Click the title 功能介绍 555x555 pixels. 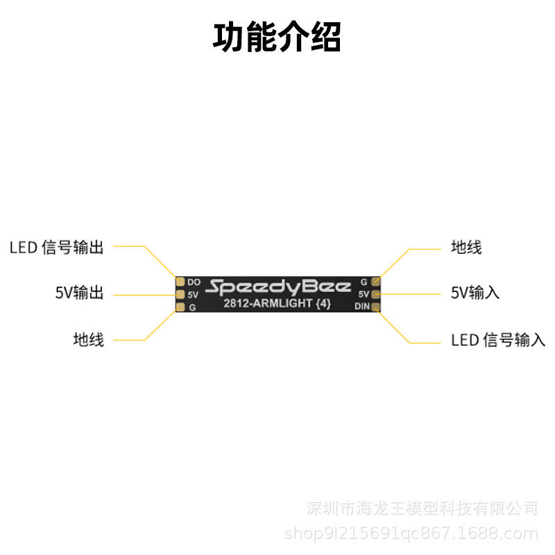277,37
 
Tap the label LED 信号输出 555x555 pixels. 57,247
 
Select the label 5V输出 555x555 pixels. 80,293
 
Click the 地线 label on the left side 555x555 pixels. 89,339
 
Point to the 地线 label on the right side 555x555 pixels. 466,247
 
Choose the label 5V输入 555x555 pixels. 475,293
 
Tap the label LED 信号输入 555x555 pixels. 498,340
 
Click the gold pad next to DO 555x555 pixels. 180,282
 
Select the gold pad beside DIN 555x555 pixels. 375,307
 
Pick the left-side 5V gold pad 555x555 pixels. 180,294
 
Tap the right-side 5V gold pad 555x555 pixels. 375,293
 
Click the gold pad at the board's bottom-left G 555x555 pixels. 180,307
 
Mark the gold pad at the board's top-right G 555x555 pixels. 375,282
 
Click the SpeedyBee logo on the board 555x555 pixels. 278,287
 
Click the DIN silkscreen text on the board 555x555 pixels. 362,307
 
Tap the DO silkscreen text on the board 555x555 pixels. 194,282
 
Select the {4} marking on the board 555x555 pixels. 323,303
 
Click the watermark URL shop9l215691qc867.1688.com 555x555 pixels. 411,533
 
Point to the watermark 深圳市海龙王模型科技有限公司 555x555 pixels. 422,509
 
